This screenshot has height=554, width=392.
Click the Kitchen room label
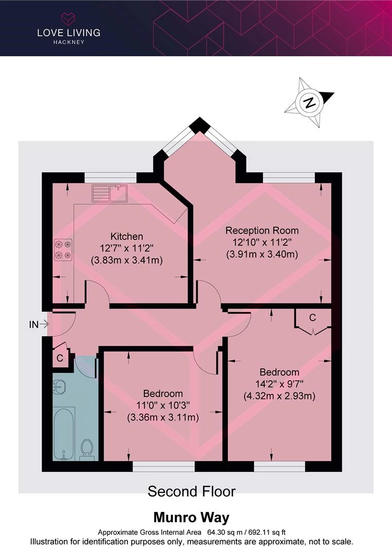(127, 236)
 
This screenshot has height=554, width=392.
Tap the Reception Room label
(262, 231)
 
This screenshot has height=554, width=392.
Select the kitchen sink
(109, 193)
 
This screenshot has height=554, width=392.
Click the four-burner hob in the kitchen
(63, 250)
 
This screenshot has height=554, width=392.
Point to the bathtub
(64, 433)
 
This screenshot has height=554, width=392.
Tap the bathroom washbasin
(59, 387)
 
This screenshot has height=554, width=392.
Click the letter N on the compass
(310, 103)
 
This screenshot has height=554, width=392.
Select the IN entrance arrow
(39, 324)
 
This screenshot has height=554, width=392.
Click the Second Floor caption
(192, 491)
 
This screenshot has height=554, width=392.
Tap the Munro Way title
(192, 518)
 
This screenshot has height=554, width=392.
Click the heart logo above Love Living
(68, 18)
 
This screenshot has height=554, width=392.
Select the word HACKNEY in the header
(69, 42)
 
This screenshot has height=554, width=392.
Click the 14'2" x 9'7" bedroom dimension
(279, 384)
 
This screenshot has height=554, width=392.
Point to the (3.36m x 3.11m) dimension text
(163, 417)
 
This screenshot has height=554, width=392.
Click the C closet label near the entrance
(60, 358)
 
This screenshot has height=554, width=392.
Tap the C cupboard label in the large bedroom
(312, 318)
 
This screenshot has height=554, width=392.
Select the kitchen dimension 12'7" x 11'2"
(127, 248)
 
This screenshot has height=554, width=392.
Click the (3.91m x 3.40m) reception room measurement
(262, 254)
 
